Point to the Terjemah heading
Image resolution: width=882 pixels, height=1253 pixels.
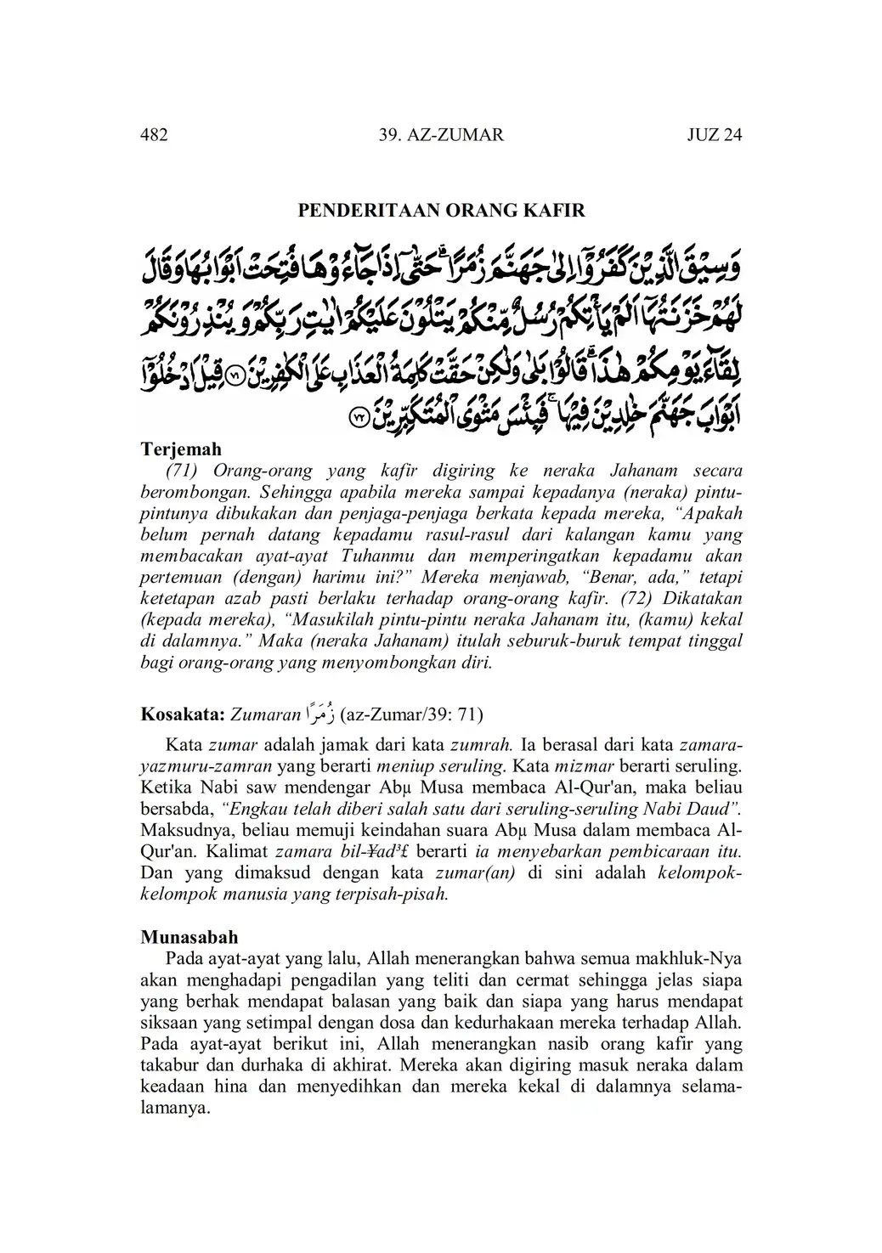pos(181,449)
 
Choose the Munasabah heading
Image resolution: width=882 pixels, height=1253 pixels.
pos(189,938)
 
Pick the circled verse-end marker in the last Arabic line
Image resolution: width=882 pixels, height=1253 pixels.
pos(359,418)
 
